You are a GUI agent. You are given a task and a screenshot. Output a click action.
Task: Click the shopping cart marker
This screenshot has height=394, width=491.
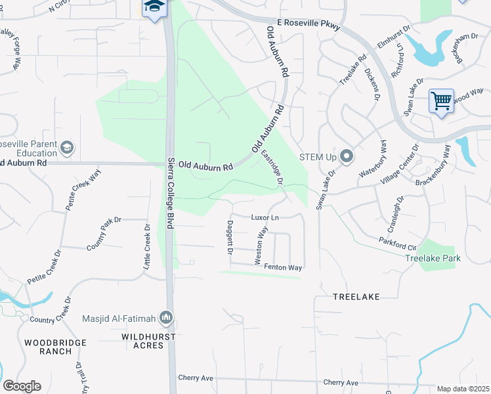(x=441, y=101)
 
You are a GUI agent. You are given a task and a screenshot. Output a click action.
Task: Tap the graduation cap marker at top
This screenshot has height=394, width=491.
(x=154, y=7)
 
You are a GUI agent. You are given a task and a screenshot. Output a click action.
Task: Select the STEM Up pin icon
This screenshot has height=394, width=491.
(x=347, y=156)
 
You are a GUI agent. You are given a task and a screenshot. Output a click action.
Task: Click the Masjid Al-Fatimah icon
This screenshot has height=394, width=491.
(x=166, y=318)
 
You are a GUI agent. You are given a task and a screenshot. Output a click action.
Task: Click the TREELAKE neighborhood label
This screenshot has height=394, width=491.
(x=356, y=297)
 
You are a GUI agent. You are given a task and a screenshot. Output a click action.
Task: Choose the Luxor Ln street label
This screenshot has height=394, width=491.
(x=265, y=217)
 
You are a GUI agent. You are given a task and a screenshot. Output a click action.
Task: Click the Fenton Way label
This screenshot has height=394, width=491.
(x=283, y=267)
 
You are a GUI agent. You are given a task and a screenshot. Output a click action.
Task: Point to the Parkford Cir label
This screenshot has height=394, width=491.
(x=397, y=243)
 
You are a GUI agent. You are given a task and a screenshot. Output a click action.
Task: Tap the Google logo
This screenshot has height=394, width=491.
(x=22, y=386)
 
